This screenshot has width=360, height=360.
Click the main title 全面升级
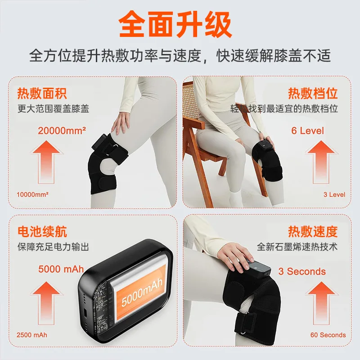(180, 25)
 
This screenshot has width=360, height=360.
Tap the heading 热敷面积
(42, 94)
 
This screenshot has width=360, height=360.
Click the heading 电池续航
(42, 232)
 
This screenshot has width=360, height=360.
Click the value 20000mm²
(62, 131)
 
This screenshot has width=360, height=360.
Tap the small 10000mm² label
(33, 195)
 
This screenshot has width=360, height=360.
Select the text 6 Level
(307, 131)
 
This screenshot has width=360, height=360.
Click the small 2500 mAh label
(31, 335)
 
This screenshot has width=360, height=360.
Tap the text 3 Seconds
(301, 271)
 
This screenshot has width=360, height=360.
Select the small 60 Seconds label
(328, 335)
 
